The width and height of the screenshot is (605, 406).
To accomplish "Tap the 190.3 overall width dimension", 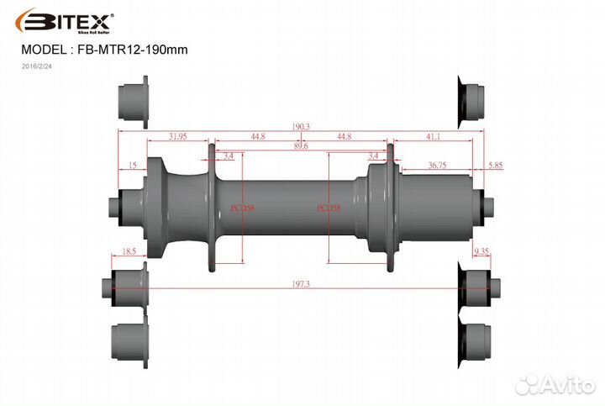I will pos(301,126).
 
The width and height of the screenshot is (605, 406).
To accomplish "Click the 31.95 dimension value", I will pos(177,136).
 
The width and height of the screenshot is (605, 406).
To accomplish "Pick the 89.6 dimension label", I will pos(301,146).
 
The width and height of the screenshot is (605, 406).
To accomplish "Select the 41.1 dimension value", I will pos(433,136).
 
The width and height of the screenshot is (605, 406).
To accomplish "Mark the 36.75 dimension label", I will pos(437,166).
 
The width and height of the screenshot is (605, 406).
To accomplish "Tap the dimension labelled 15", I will pos(133,166).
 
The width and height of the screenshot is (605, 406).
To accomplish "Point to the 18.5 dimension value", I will pos(129,251).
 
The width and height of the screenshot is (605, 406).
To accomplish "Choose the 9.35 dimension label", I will pos(481,251).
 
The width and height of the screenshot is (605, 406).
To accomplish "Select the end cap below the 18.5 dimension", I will pos(128,282).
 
